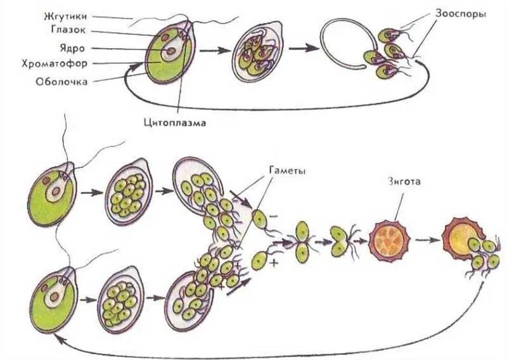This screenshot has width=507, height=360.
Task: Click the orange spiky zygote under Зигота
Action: (389, 240)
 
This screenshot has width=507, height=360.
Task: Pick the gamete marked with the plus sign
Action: (259, 260)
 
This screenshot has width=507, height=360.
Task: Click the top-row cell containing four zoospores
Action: (255, 53)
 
